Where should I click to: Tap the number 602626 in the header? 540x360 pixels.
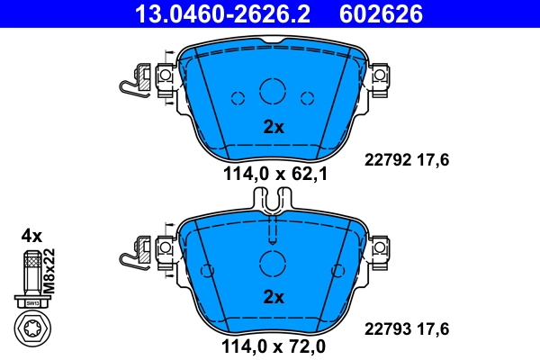coord(378,13)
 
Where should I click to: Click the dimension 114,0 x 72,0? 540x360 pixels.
coord(274,346)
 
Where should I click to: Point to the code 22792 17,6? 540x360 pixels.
coord(405,159)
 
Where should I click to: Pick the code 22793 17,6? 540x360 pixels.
coord(405,328)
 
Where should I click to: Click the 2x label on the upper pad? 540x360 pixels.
coord(273,128)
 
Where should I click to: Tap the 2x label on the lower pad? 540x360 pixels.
coord(273,296)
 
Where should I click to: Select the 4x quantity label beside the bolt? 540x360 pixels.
coord(31,236)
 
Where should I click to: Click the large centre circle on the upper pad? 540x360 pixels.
coord(272,91)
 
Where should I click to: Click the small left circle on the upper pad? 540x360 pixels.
coord(238,98)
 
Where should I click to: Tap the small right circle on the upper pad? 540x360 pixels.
coord(306,98)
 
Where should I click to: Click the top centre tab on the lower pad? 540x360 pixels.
coord(272,205)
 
